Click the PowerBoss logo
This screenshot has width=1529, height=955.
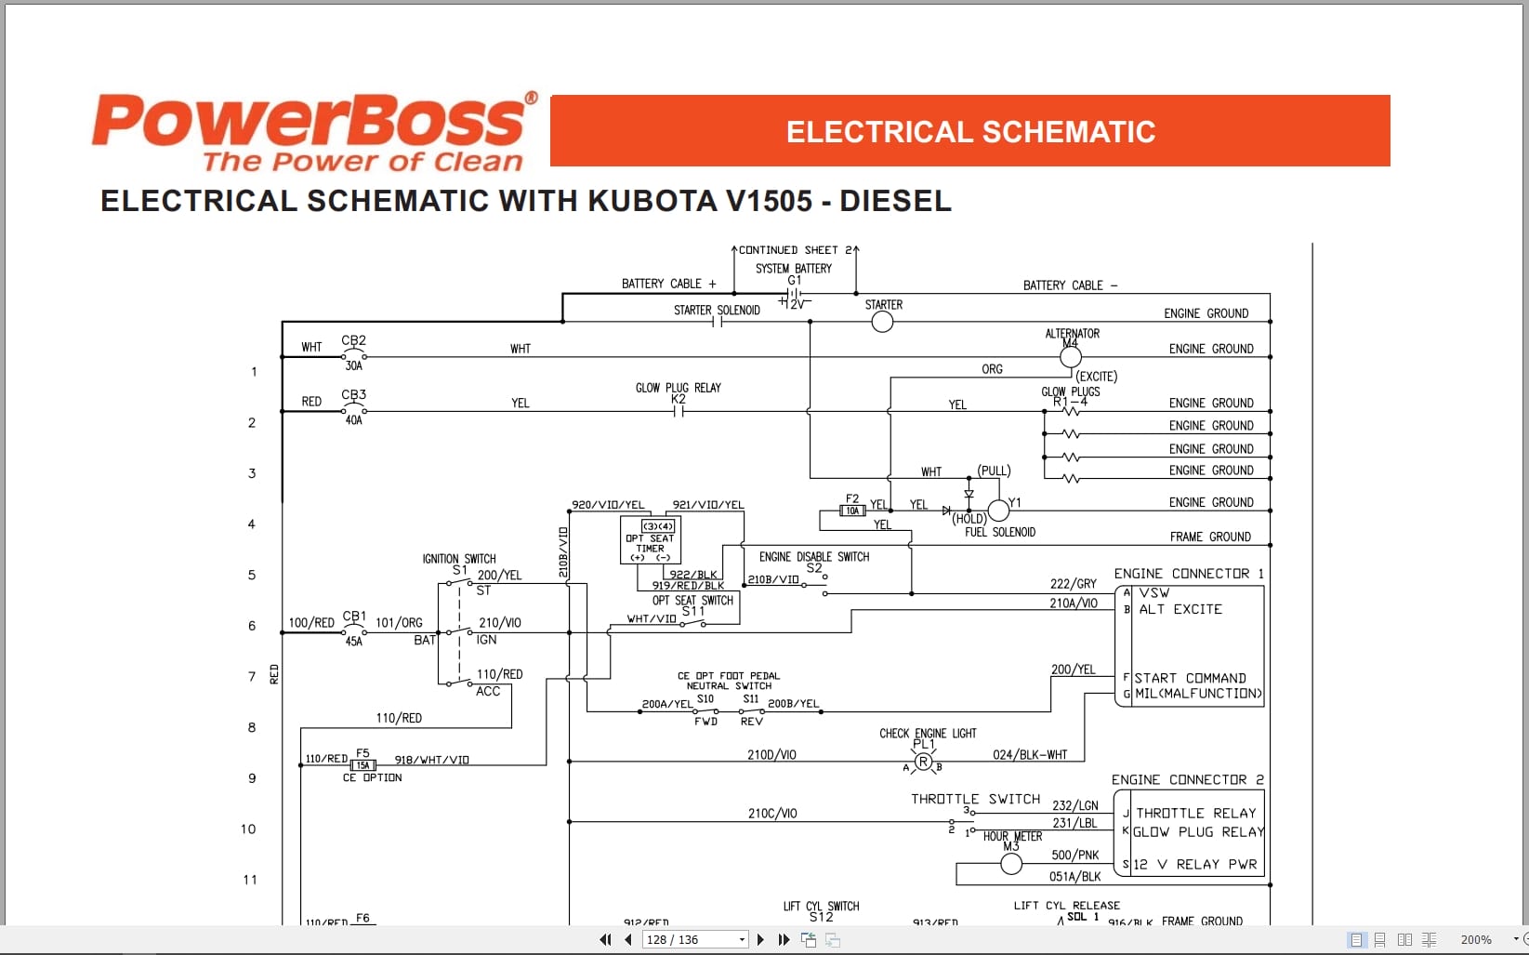tap(314, 131)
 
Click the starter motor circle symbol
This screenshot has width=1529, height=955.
tap(882, 322)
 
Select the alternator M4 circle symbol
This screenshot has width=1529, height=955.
tap(1071, 357)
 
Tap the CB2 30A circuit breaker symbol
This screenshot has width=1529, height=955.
tap(353, 356)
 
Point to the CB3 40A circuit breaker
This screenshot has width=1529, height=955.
tap(353, 410)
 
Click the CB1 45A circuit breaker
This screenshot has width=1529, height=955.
tap(353, 631)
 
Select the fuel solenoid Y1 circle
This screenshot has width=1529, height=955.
tap(997, 511)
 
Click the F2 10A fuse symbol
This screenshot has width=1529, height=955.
tap(852, 511)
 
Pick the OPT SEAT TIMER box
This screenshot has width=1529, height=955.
tap(650, 539)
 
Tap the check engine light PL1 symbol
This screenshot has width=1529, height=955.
tap(923, 763)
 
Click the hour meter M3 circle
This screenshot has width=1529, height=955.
tap(1011, 864)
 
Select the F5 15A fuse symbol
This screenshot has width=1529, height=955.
tap(362, 765)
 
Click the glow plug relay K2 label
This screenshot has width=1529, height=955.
tap(678, 399)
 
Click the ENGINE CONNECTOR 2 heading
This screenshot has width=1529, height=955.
tap(1187, 779)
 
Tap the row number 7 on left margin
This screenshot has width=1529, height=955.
tap(251, 676)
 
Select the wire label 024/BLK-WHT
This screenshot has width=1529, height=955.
tap(1030, 754)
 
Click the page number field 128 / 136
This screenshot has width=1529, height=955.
tap(689, 939)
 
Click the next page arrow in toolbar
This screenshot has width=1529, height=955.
tap(760, 939)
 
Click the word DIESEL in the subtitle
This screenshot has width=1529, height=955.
tap(895, 201)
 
